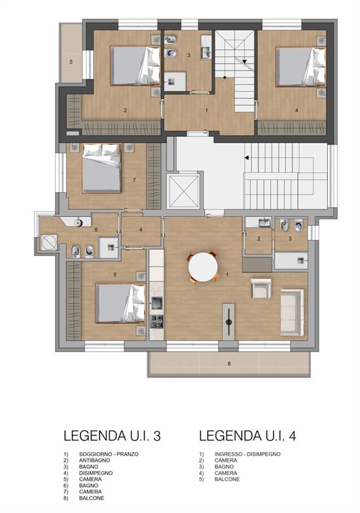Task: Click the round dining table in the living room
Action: pyautogui.click(x=203, y=267)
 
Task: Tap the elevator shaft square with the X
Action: pyautogui.click(x=183, y=191)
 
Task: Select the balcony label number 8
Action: pyautogui.click(x=229, y=364)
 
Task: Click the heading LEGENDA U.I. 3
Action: pyautogui.click(x=112, y=436)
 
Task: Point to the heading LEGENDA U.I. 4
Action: pyautogui.click(x=247, y=436)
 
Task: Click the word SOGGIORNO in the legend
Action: pyautogui.click(x=95, y=454)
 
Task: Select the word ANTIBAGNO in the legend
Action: pyautogui.click(x=94, y=461)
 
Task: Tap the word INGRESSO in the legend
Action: pyautogui.click(x=228, y=454)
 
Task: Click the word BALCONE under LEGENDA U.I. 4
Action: pyautogui.click(x=227, y=480)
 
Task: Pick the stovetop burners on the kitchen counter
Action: pyautogui.click(x=156, y=321)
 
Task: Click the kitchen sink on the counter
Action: pyautogui.click(x=156, y=303)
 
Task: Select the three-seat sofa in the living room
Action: pyautogui.click(x=292, y=313)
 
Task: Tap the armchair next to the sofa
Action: pyautogui.click(x=261, y=288)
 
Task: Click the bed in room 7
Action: pyautogui.click(x=101, y=168)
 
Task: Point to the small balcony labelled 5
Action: pyautogui.click(x=71, y=53)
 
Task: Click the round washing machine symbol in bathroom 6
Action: pyautogui.click(x=49, y=242)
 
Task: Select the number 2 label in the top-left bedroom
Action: pyautogui.click(x=125, y=111)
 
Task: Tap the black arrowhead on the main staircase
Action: pyautogui.click(x=247, y=158)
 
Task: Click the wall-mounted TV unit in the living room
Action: pyautogui.click(x=228, y=322)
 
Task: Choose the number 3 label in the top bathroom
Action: pyautogui.click(x=189, y=55)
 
